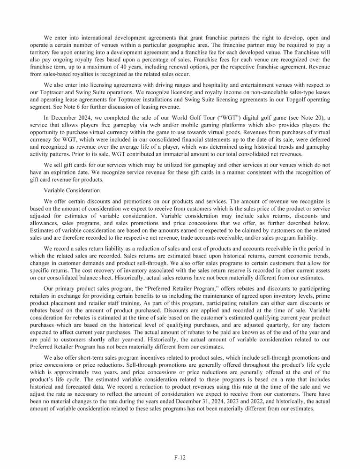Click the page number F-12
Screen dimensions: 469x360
(180, 454)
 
